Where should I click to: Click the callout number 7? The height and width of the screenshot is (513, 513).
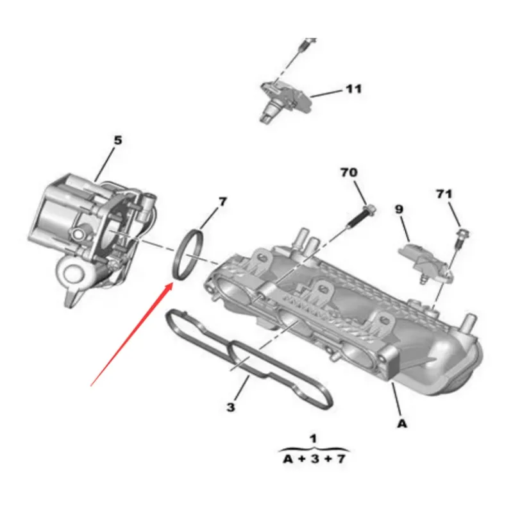pos(222,202)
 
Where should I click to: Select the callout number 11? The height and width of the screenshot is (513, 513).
pos(353,89)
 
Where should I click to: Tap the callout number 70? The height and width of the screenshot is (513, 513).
pos(349,173)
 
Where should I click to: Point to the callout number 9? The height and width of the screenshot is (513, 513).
pos(398,209)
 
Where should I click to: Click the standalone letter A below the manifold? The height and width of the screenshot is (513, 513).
pos(401,424)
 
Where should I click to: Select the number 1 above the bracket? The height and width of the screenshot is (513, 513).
pos(313,439)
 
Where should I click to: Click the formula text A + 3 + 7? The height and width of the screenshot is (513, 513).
pos(314,459)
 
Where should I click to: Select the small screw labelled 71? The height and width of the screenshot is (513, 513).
pos(459,239)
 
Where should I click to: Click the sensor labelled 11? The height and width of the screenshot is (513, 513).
pos(282,96)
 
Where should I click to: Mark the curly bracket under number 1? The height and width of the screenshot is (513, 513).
pos(314,448)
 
